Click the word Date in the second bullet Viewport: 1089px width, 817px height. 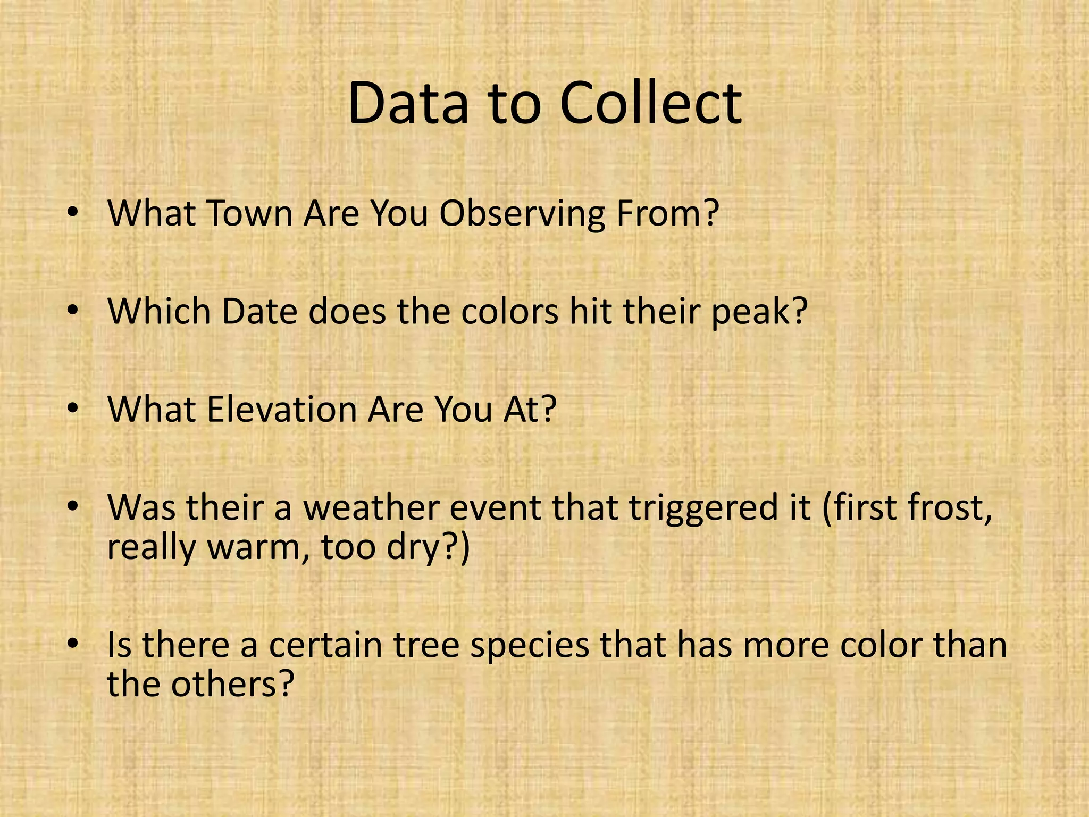[259, 311]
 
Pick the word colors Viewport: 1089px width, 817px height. [509, 311]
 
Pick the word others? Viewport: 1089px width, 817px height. [232, 685]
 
